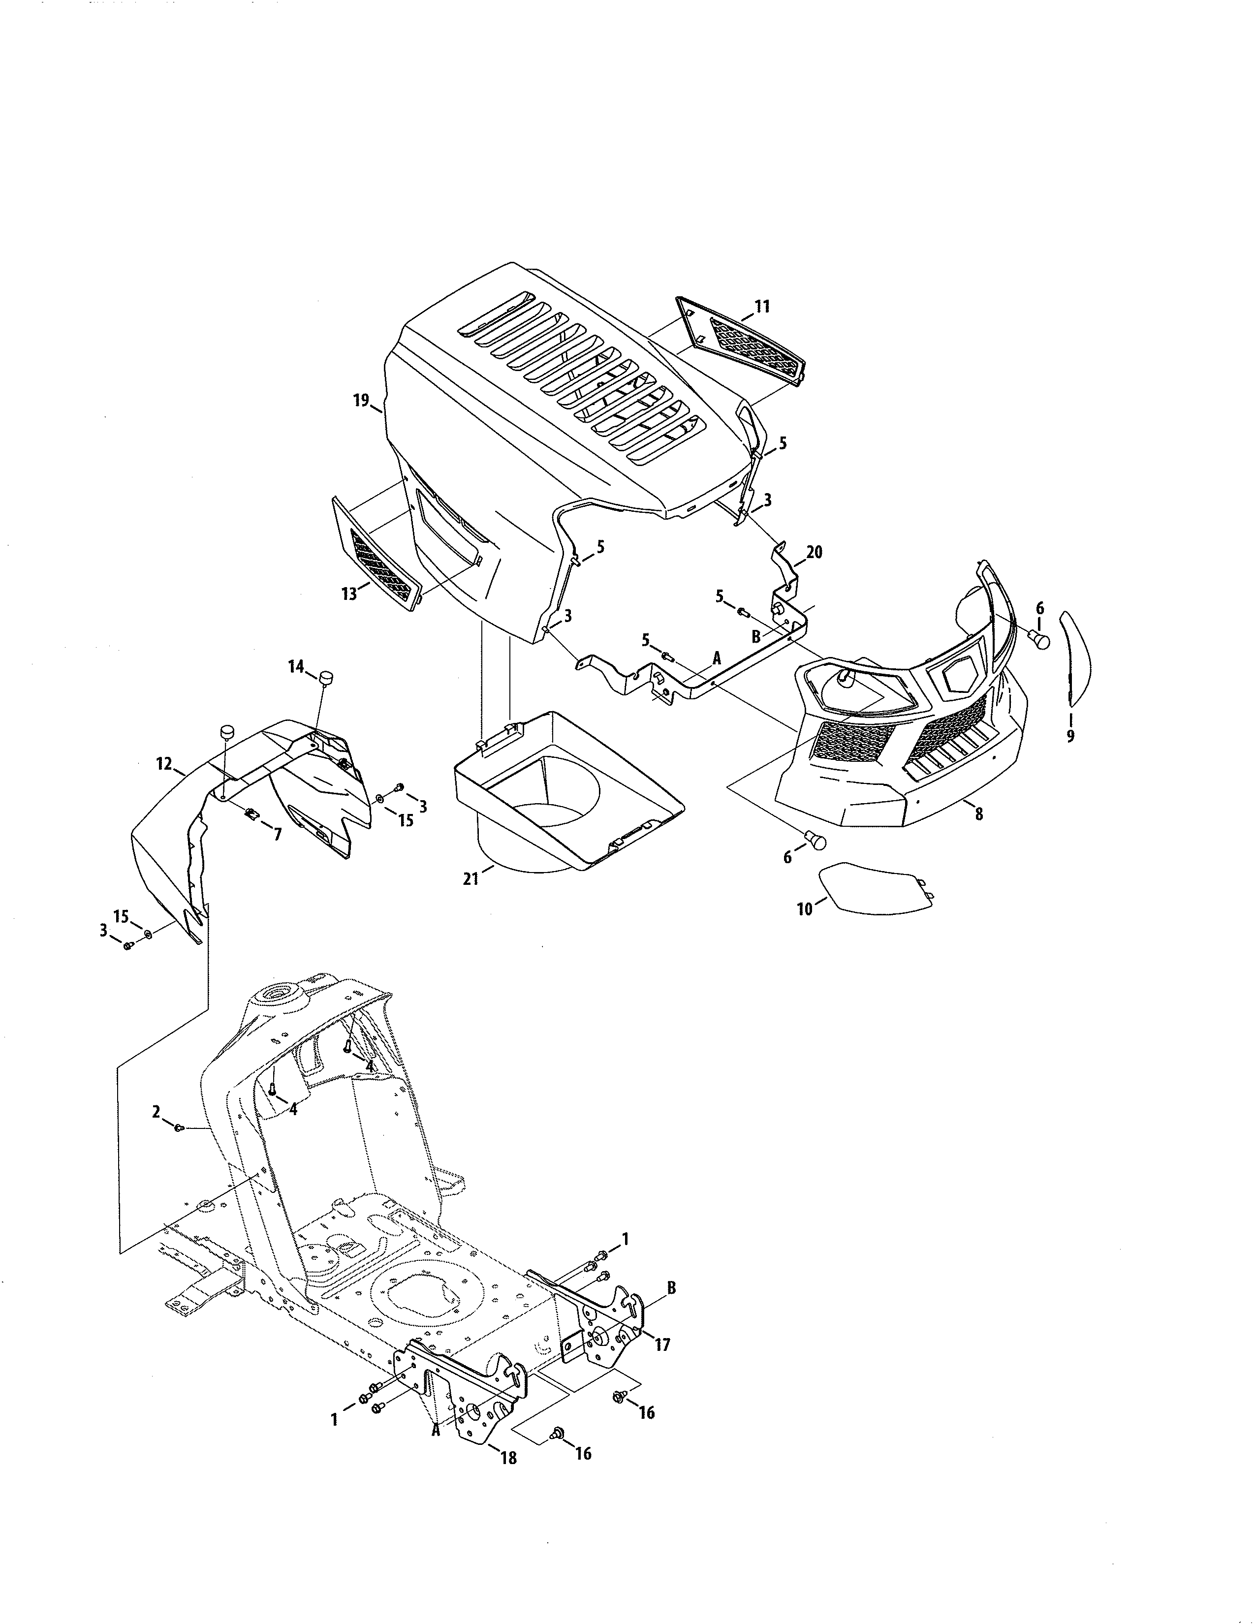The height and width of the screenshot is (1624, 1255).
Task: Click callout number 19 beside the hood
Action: [361, 401]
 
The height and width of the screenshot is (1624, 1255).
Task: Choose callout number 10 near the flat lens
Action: [805, 908]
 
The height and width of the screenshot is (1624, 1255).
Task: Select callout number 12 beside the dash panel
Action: [164, 764]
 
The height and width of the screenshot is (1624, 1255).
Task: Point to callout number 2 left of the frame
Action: [156, 1132]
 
